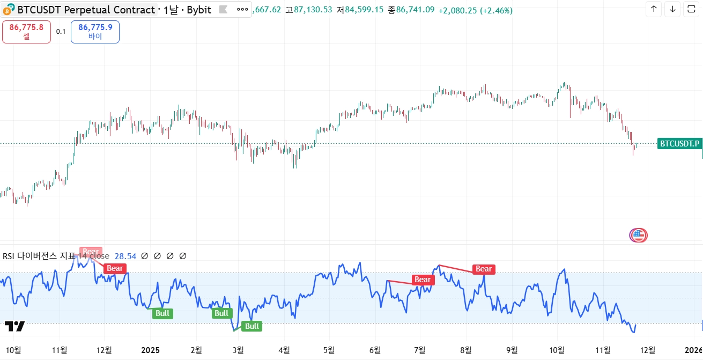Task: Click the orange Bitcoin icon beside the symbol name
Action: pos(11,10)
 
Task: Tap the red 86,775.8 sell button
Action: pos(26,32)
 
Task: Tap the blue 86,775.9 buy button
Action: pos(95,32)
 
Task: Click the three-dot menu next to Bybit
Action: pos(242,10)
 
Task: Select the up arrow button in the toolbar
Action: pos(654,9)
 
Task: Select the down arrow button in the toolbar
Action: pos(672,9)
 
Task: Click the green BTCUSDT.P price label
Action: pos(679,143)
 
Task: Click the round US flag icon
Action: pos(638,234)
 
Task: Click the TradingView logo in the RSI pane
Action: pos(14,327)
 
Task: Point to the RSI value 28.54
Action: pos(125,256)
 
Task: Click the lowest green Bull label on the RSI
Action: pos(252,326)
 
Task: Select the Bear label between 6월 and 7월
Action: pos(423,280)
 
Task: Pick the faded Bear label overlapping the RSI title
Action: pos(91,252)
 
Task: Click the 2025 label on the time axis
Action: pos(150,350)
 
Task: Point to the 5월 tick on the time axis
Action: pos(329,350)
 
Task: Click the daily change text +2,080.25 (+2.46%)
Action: pos(475,10)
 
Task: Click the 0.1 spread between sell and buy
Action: pos(61,32)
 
